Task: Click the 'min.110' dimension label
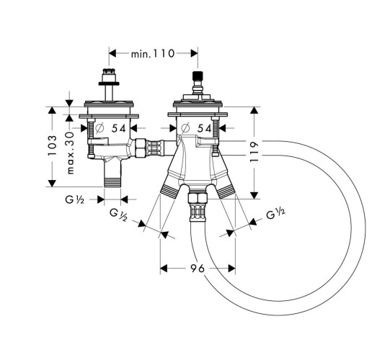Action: (153, 54)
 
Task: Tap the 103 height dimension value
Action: (52, 145)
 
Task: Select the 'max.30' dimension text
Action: (71, 153)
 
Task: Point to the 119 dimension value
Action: (254, 151)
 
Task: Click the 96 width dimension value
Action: (198, 268)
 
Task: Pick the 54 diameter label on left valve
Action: (119, 128)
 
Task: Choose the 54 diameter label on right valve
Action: (205, 128)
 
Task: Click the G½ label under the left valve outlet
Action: (75, 199)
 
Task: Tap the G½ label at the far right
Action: (275, 213)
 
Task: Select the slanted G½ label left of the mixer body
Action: (119, 215)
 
